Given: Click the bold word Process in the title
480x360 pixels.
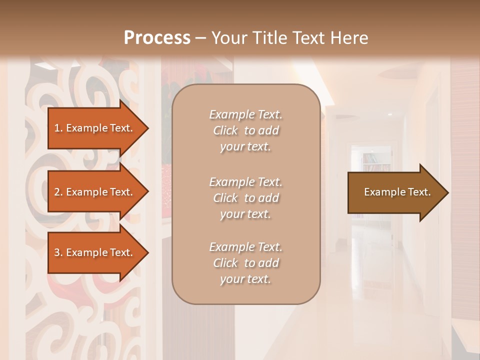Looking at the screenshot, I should tap(157, 38).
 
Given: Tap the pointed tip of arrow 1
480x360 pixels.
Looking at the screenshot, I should tap(146, 128).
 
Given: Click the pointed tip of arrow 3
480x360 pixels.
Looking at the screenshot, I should tap(146, 253).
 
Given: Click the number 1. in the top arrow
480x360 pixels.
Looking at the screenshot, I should tap(58, 128).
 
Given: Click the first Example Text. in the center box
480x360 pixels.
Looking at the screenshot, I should tap(245, 114).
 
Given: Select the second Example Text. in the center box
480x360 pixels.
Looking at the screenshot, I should tap(245, 182).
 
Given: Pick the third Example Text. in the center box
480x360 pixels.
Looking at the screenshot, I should tap(245, 247).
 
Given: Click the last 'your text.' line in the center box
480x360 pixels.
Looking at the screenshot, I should tap(245, 279).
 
